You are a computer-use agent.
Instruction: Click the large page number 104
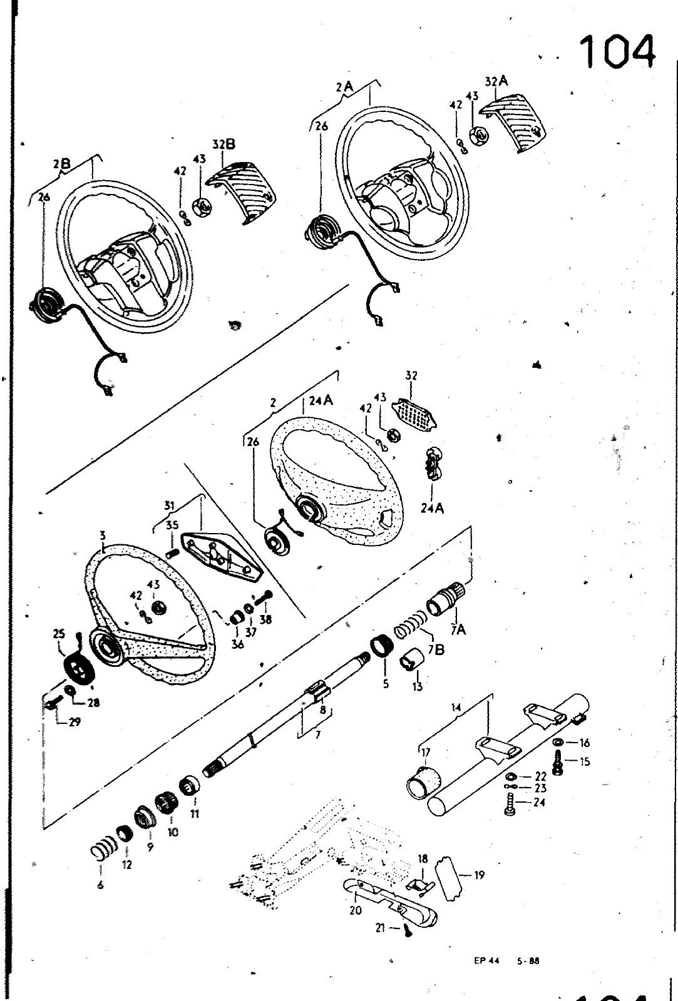(x=618, y=52)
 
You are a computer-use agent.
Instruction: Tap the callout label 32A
(x=496, y=82)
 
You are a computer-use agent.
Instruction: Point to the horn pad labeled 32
(x=414, y=414)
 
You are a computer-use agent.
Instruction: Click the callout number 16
(x=585, y=743)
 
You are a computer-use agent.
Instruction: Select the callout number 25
(x=59, y=634)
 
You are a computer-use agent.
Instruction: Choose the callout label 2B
(x=62, y=165)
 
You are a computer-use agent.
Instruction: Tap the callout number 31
(x=168, y=506)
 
